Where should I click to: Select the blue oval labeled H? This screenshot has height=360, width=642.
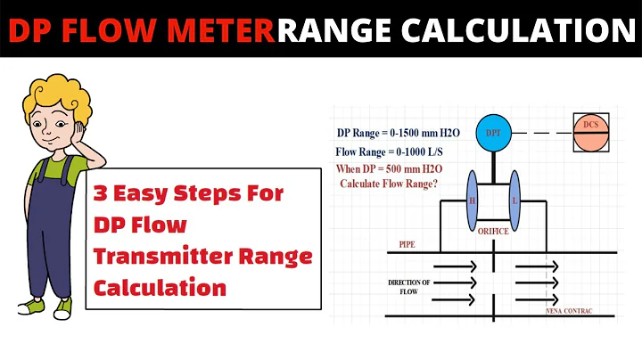pos(472,200)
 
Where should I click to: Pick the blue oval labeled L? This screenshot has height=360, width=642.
pos(514,200)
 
